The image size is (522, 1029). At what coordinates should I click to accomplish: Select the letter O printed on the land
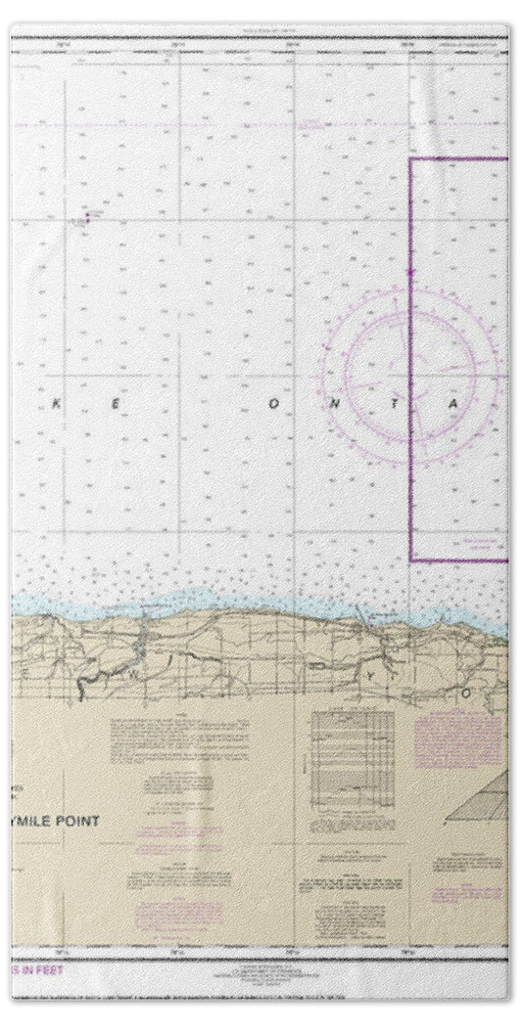coord(467,692)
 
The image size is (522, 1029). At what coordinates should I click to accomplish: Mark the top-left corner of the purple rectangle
coord(410,158)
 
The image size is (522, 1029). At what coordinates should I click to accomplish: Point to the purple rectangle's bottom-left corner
coord(410,560)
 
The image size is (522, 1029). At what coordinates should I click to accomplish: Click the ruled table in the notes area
coord(352,753)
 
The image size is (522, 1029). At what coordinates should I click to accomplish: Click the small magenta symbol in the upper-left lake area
coord(86,217)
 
